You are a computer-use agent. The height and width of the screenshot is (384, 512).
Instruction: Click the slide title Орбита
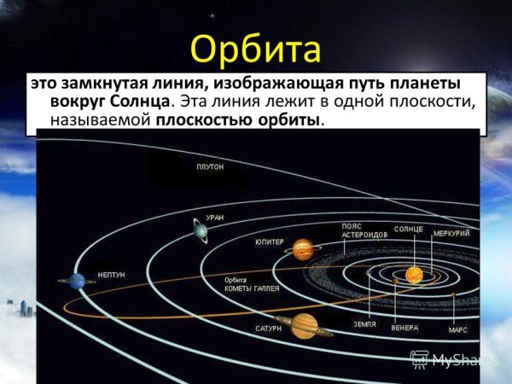pos(256,49)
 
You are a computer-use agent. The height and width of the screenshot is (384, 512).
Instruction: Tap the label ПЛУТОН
pos(209,167)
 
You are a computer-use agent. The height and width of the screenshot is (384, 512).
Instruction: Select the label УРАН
pos(214,218)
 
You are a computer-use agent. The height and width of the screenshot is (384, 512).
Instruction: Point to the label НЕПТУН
pos(111,275)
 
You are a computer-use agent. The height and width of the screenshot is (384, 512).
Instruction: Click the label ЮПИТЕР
pos(269,242)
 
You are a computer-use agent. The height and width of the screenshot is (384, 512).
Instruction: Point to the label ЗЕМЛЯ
pos(365,324)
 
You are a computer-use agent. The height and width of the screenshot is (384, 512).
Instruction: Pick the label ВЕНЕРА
pos(404,328)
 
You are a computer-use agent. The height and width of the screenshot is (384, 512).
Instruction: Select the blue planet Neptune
pos(77,281)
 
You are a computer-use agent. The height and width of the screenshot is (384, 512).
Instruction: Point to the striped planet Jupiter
pos(302,249)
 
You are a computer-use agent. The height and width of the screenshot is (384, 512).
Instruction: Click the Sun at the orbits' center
pos(414,274)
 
